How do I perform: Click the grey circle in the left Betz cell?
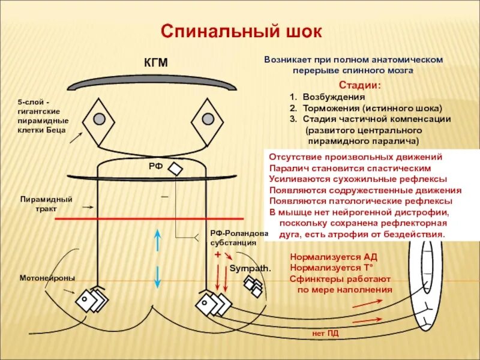click(100, 118)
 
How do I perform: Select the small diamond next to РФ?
click(175, 169)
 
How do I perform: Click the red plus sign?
click(217, 254)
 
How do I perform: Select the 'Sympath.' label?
click(250, 268)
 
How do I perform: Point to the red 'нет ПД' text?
click(325, 332)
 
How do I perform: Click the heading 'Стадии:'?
click(360, 85)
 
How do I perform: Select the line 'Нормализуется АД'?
click(334, 257)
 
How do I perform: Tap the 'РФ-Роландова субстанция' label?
click(233, 238)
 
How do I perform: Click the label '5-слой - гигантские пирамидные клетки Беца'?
click(41, 116)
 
